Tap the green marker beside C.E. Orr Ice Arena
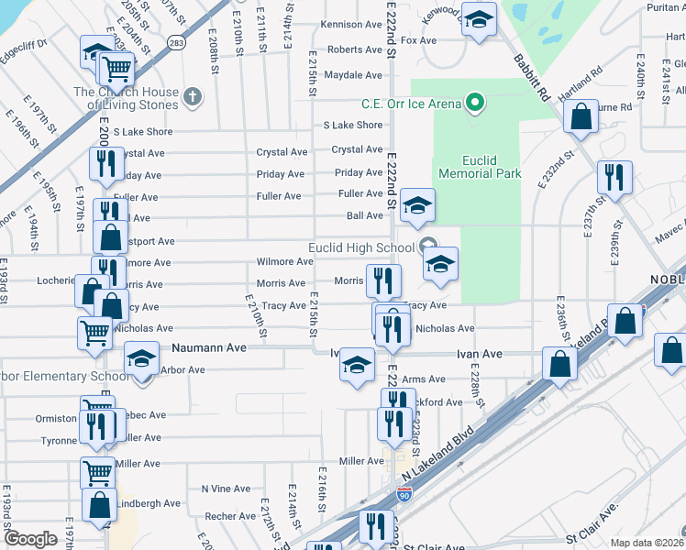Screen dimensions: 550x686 (473, 104)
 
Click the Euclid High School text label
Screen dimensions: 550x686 (361, 247)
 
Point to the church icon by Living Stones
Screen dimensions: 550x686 (192, 94)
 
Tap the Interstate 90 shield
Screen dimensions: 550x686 (404, 495)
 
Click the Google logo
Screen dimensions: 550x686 (30, 539)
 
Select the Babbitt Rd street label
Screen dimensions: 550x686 (531, 79)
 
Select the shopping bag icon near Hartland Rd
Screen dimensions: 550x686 (581, 116)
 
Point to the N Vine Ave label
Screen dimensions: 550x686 (227, 489)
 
